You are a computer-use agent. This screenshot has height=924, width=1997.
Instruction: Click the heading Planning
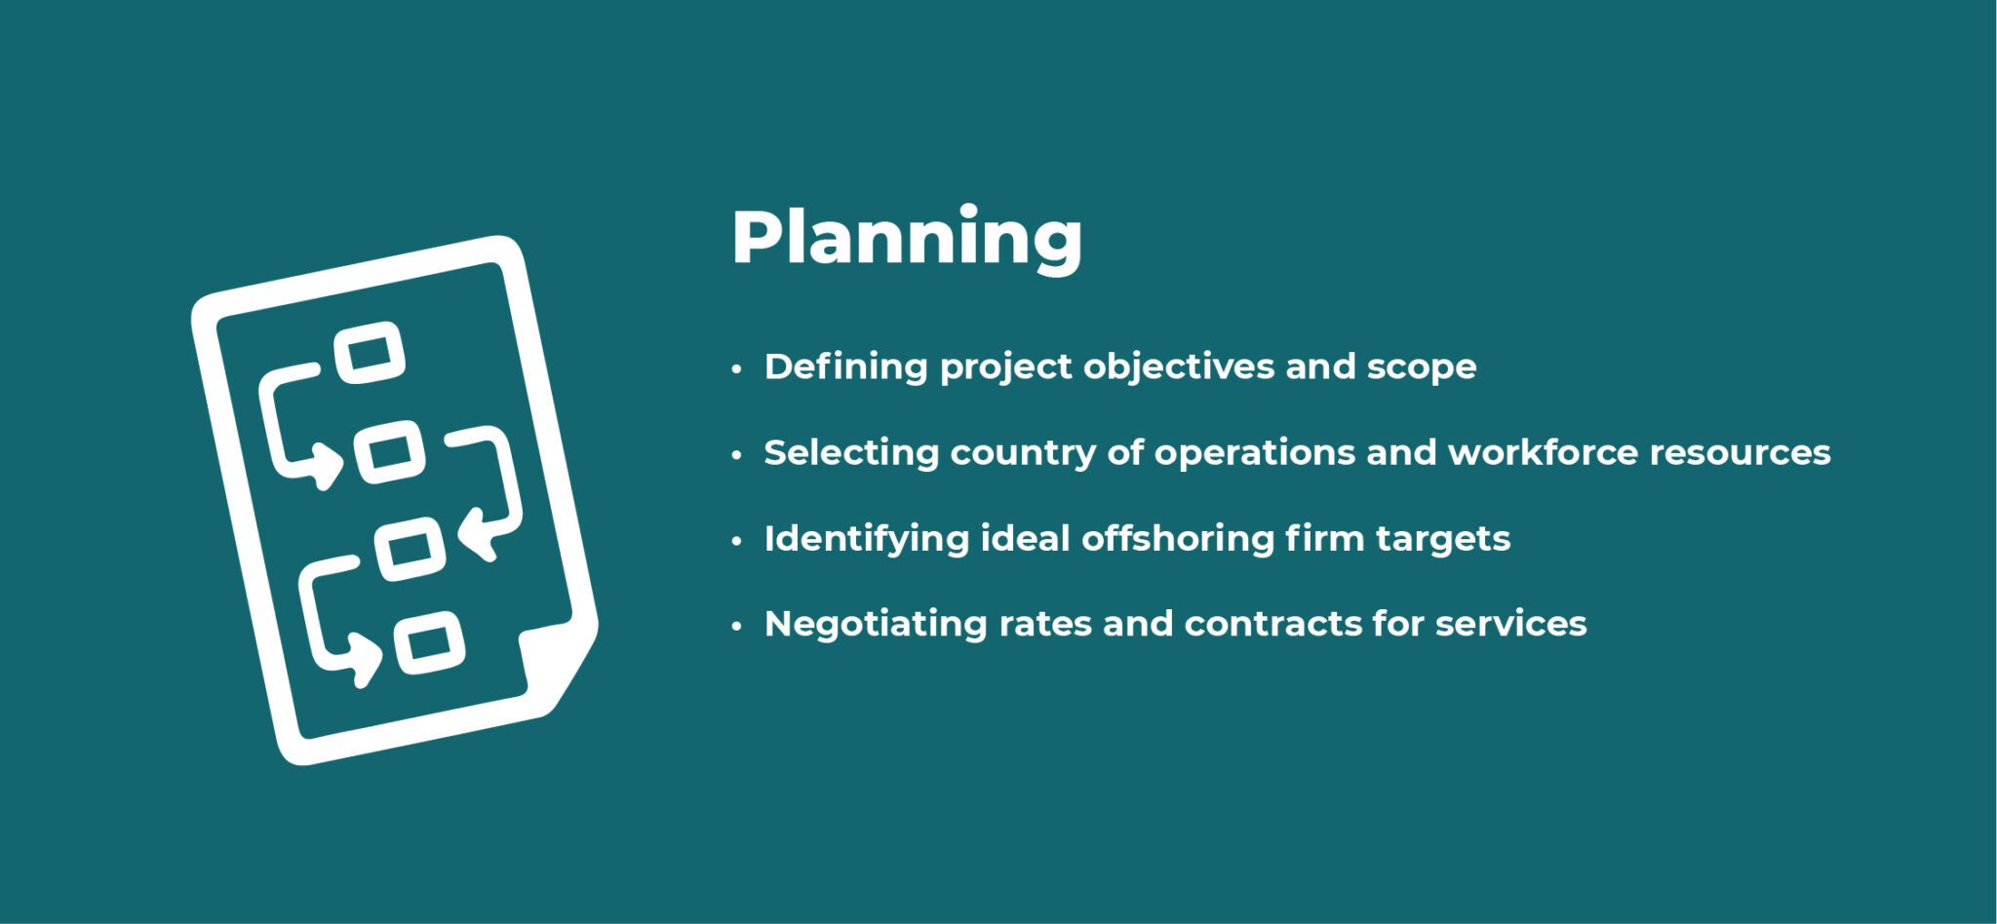(906, 238)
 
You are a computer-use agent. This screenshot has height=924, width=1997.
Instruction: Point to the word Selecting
(850, 453)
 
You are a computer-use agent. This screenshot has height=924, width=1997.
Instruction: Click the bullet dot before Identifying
(737, 541)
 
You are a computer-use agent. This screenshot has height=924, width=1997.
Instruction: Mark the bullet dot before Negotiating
(737, 626)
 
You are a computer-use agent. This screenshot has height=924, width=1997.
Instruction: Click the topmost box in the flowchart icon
(370, 352)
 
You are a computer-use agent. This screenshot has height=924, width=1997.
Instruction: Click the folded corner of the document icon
(556, 664)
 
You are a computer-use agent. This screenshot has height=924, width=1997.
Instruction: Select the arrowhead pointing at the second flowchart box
(324, 465)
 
